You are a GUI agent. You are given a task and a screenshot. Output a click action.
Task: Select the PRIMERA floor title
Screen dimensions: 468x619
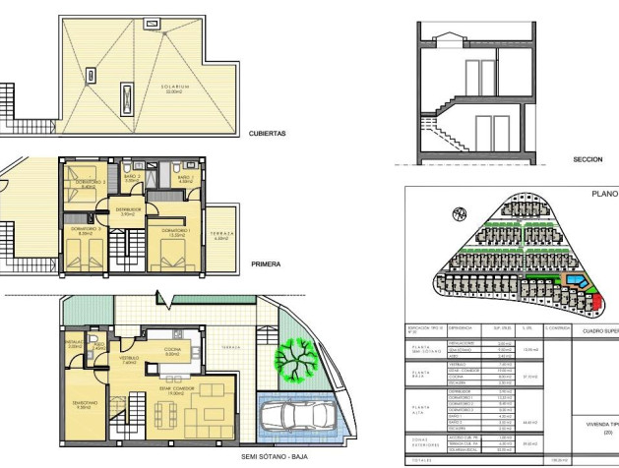coord(266,263)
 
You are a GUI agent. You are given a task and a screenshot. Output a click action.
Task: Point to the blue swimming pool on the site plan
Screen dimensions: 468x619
coord(579,284)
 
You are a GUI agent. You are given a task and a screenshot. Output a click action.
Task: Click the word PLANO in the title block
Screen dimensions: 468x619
coord(601,195)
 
